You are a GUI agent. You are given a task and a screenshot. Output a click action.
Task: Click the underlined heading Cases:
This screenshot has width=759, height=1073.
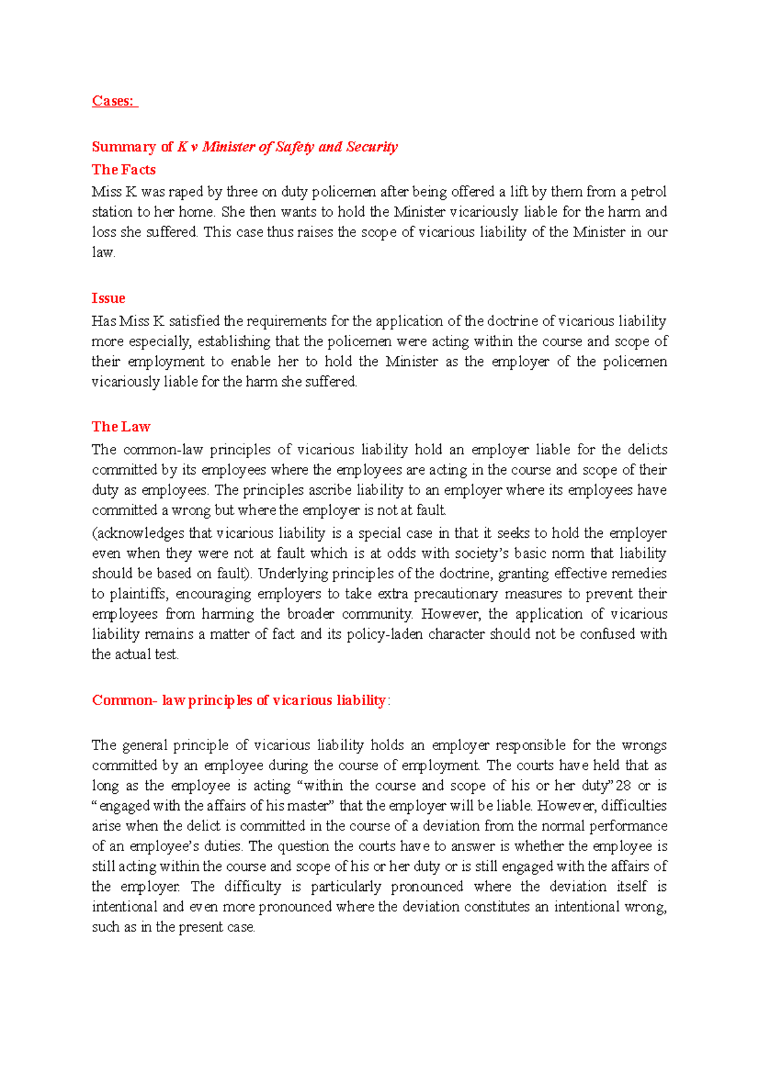pos(114,101)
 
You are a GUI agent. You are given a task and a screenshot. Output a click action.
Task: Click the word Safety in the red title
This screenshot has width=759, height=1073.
pos(295,147)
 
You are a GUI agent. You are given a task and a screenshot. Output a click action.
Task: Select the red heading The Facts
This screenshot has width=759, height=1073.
pos(123,169)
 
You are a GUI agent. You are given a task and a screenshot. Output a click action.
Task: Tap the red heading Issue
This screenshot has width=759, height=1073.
pos(108,298)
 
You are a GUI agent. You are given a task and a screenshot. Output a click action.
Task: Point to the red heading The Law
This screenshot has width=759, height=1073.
pos(121,427)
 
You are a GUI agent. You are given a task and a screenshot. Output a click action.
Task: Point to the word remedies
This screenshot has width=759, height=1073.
pos(638,574)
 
